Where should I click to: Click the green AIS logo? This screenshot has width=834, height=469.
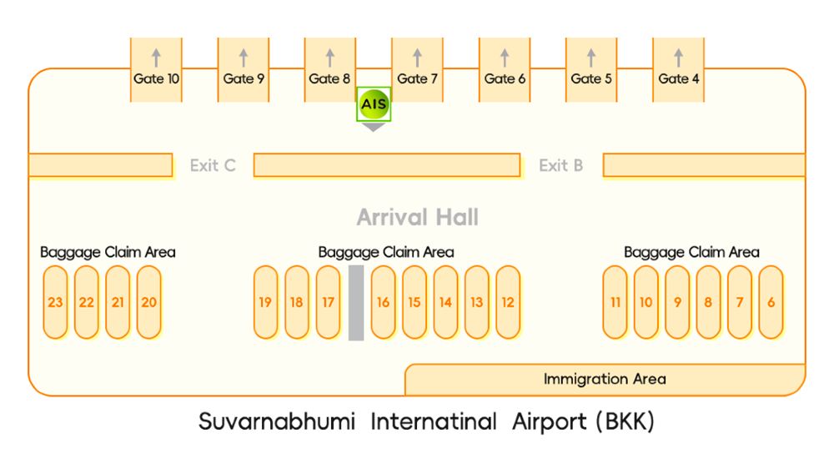pyautogui.click(x=373, y=105)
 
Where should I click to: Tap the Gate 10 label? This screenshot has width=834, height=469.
pyautogui.click(x=156, y=79)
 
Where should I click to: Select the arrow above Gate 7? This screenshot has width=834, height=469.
pyautogui.click(x=417, y=58)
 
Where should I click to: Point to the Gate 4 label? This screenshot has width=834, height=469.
pyautogui.click(x=678, y=79)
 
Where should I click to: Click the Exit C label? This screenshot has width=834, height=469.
pyautogui.click(x=213, y=165)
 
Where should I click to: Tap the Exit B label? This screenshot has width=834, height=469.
pyautogui.click(x=560, y=165)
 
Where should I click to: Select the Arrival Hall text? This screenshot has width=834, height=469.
pyautogui.click(x=417, y=218)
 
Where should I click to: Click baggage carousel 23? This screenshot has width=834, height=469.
pyautogui.click(x=55, y=302)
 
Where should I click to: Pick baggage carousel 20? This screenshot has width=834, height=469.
pyautogui.click(x=148, y=302)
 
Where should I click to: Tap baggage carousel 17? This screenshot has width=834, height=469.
pyautogui.click(x=328, y=302)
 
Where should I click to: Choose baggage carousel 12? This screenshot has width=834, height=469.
pyautogui.click(x=508, y=302)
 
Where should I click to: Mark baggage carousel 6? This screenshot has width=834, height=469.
pyautogui.click(x=771, y=302)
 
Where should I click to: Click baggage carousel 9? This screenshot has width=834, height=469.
pyautogui.click(x=677, y=302)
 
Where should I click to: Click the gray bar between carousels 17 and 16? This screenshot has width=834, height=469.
pyautogui.click(x=356, y=302)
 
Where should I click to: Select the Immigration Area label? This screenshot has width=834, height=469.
pyautogui.click(x=605, y=380)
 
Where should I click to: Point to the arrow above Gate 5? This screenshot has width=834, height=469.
pyautogui.click(x=591, y=58)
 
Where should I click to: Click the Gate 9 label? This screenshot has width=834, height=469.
pyautogui.click(x=244, y=79)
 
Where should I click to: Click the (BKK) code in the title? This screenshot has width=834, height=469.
pyautogui.click(x=625, y=422)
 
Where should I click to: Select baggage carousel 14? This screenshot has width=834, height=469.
pyautogui.click(x=445, y=302)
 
